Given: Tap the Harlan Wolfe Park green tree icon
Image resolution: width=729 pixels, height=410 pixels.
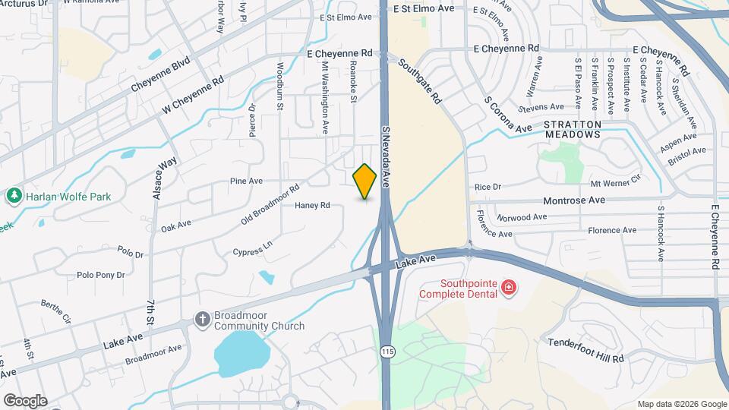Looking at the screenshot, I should point(14,197).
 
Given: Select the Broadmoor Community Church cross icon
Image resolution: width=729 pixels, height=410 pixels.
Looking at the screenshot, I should point(203,319).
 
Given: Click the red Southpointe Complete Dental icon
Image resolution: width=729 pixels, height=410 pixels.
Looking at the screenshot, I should point(508,288).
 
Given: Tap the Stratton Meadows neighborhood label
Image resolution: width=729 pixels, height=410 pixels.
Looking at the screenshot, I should point(573,129).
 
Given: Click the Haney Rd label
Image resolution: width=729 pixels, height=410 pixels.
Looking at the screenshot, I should point(312,205).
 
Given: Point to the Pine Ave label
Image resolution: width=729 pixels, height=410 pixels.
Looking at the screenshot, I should point(246,181).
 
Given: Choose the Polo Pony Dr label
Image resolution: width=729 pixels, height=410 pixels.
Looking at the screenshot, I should point(100,275).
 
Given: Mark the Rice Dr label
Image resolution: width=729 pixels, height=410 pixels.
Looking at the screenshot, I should point(488,187).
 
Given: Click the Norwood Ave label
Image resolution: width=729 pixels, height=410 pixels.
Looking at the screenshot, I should point(522,217).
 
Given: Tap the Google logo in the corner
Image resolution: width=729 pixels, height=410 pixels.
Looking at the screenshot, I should point(24,401).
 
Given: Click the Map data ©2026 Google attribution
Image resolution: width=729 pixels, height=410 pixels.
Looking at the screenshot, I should point(681,404).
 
